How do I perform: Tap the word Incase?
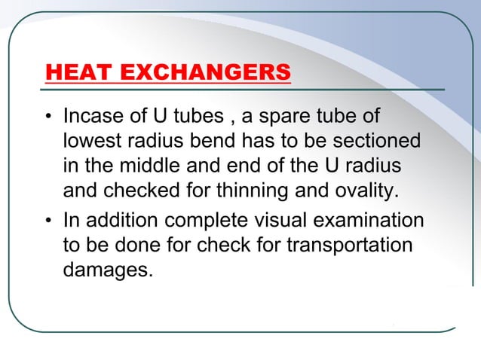(x=93, y=118)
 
